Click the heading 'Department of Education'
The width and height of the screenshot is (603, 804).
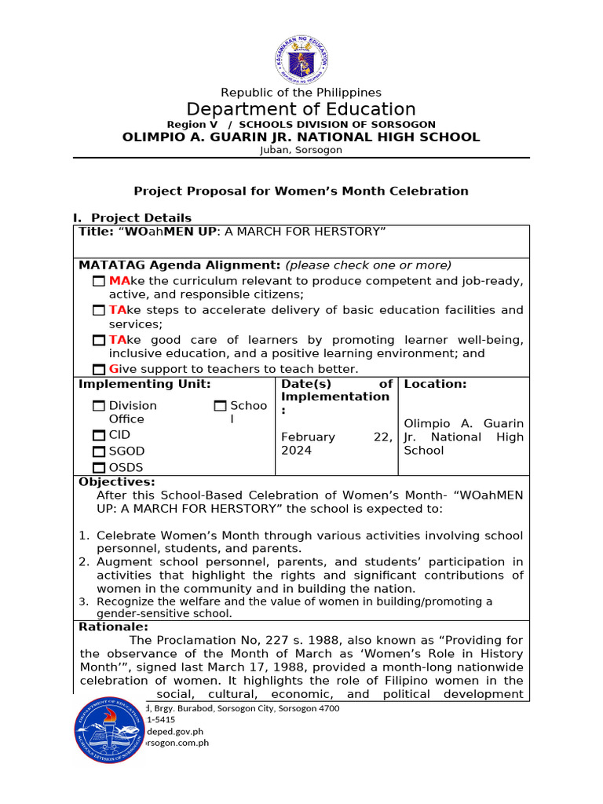click(x=301, y=109)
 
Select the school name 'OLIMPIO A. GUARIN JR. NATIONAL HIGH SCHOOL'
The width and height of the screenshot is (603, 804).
click(x=301, y=137)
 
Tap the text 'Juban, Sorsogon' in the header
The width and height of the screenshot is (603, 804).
click(x=301, y=150)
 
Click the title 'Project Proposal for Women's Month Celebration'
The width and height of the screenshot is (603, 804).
click(x=301, y=191)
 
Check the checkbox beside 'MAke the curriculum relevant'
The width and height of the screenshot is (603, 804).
click(x=98, y=281)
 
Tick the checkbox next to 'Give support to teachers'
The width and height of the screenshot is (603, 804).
click(x=98, y=370)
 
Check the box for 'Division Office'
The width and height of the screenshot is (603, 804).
click(x=98, y=406)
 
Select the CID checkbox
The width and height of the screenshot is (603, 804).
click(x=98, y=435)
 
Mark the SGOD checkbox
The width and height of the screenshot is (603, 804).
click(x=98, y=451)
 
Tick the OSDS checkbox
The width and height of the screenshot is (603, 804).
click(x=98, y=468)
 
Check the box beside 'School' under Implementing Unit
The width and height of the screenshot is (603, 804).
click(x=220, y=406)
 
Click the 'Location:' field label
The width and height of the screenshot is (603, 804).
click(x=435, y=384)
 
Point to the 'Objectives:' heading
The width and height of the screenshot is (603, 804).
click(x=117, y=482)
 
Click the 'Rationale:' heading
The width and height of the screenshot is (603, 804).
click(x=113, y=627)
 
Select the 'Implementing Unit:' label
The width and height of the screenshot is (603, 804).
click(x=144, y=384)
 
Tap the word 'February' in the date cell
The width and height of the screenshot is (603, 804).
click(x=308, y=437)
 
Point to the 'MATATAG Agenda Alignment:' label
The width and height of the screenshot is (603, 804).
click(x=180, y=265)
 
